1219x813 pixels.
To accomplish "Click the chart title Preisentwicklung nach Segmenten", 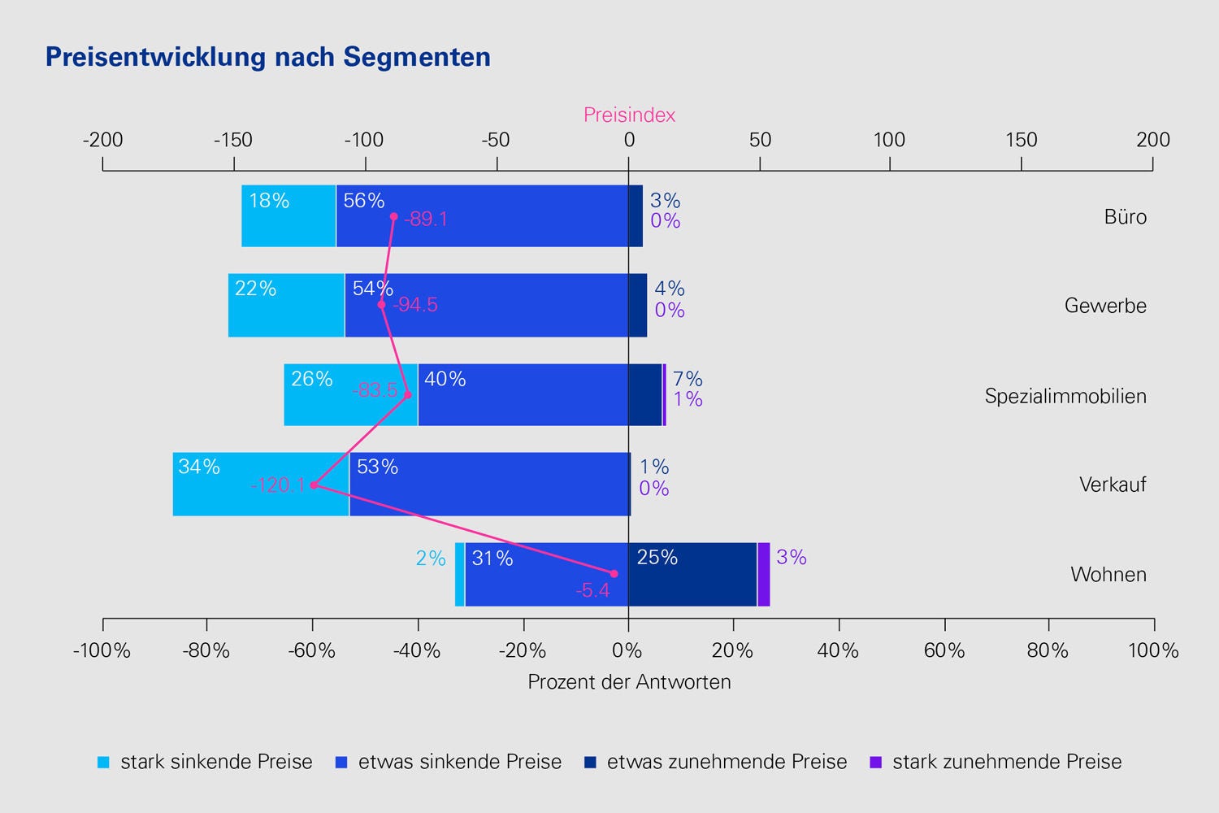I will [268, 57].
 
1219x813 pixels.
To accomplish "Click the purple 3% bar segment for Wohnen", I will [764, 574].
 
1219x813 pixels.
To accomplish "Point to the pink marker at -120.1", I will [315, 485].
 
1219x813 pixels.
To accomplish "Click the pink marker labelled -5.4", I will [614, 574].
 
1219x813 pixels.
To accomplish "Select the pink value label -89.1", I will [426, 220].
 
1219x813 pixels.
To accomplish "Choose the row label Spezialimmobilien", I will [1065, 397].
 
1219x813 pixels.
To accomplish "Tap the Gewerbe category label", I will [1105, 307].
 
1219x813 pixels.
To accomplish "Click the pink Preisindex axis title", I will [629, 115].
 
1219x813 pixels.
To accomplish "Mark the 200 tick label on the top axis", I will [1153, 141].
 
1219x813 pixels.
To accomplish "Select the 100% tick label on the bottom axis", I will [1153, 650].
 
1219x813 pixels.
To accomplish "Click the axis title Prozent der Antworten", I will [629, 682].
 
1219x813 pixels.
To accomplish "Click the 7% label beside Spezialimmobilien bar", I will [688, 379].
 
